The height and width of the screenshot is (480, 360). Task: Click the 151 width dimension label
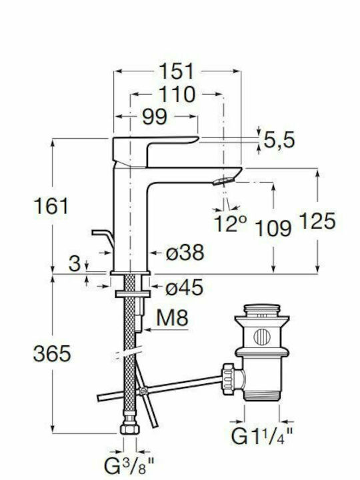(x=177, y=71)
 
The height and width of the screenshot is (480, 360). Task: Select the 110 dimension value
(x=177, y=94)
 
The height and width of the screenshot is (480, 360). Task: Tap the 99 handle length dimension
(x=155, y=116)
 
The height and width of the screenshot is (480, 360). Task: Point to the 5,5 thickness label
(x=279, y=140)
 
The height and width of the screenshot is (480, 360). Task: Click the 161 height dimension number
(x=51, y=206)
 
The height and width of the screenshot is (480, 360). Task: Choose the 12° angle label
(x=230, y=223)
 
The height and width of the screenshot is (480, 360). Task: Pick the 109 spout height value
(x=273, y=228)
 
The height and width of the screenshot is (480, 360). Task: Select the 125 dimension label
(x=317, y=221)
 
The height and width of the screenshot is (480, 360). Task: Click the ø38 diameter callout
(x=185, y=253)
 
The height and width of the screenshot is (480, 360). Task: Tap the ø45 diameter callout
(x=184, y=287)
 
